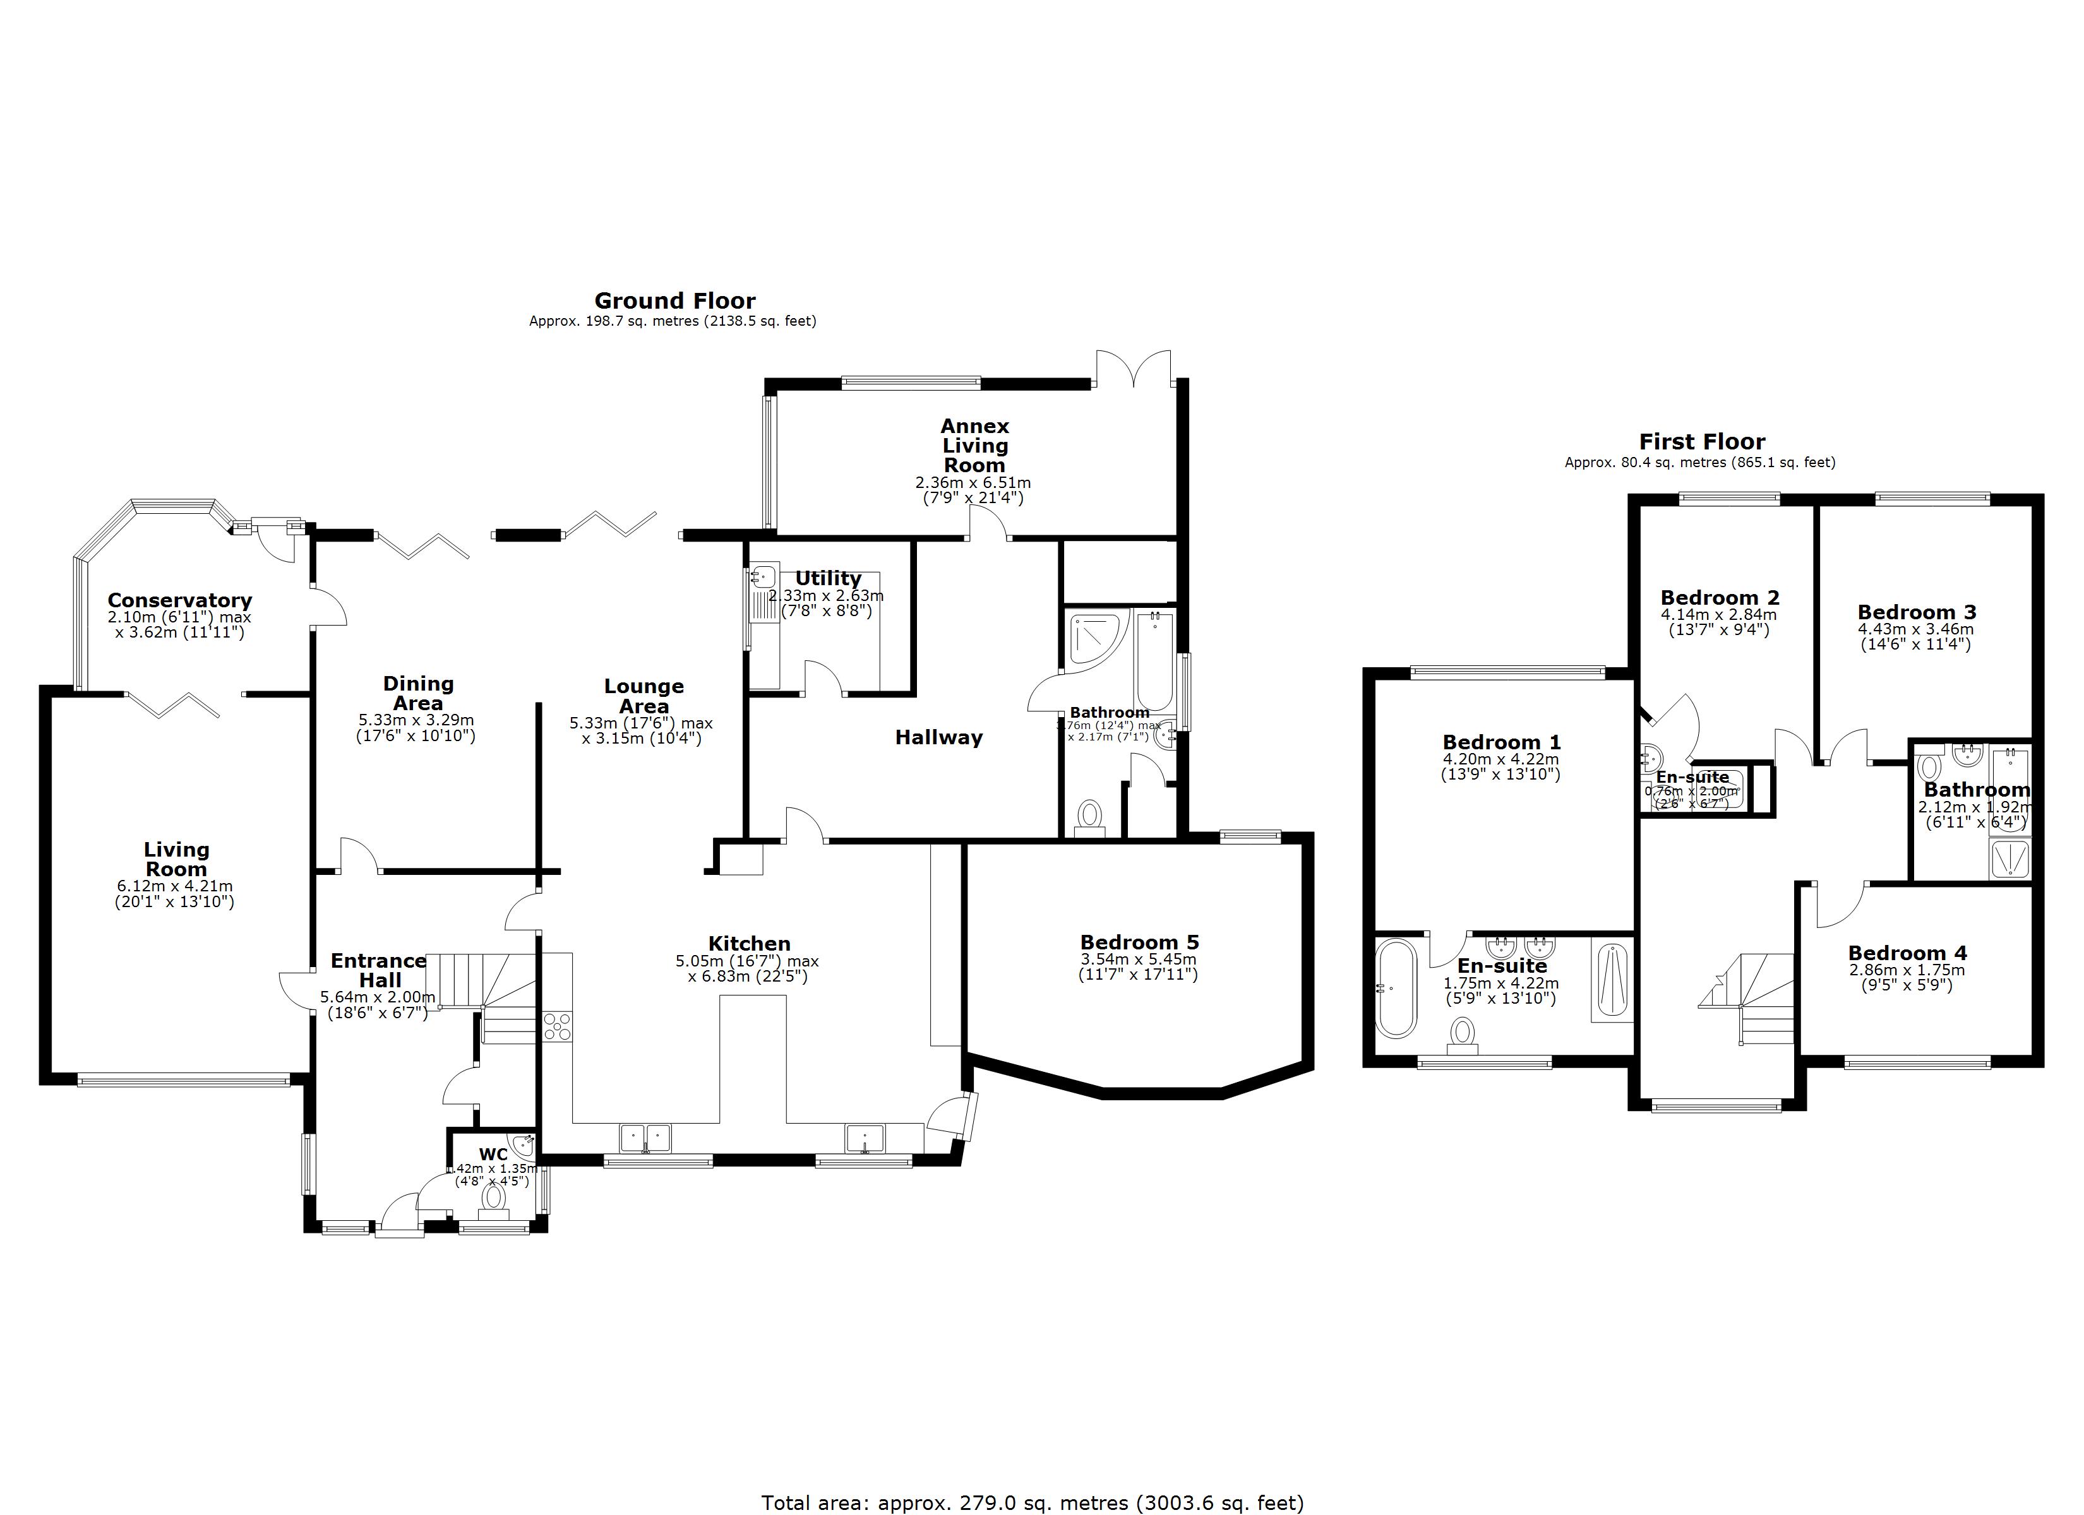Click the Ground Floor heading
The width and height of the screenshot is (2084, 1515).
click(674, 301)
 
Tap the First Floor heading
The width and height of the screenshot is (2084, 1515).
click(1702, 442)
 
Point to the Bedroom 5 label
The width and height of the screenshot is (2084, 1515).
click(1139, 942)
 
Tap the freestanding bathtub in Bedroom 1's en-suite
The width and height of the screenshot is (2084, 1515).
click(1396, 989)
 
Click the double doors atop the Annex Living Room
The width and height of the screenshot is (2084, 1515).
click(1133, 371)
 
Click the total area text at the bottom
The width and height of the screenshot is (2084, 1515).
click(1032, 1503)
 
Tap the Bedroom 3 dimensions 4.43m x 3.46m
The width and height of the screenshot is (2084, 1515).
click(1916, 630)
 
